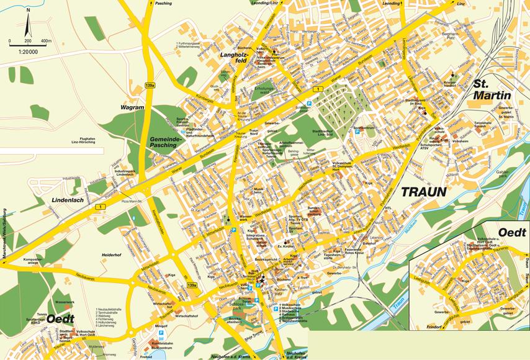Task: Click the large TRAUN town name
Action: (424, 192)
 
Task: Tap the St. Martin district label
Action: (492, 89)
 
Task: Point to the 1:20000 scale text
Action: (28, 51)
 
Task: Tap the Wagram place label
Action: (132, 107)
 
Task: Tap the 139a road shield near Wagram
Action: (150, 85)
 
